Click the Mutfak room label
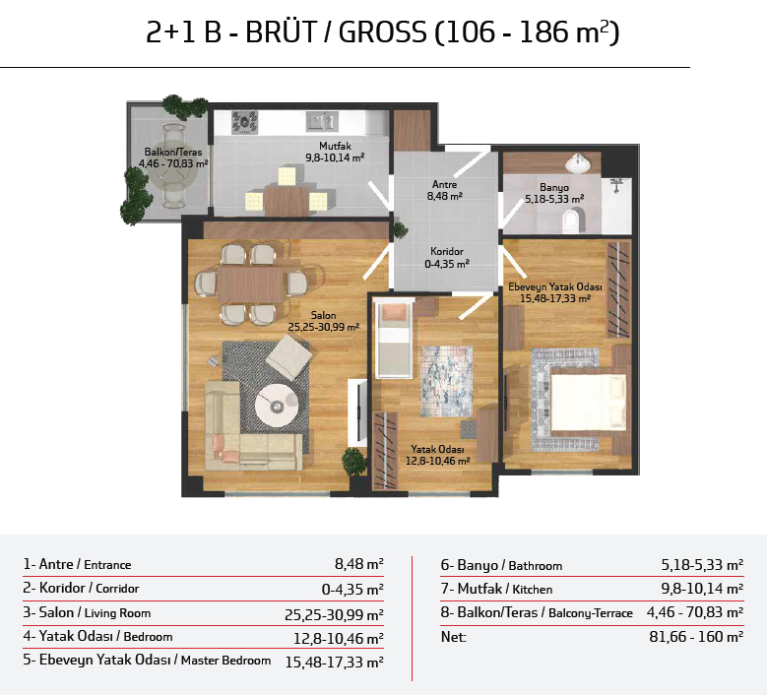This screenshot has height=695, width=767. pyautogui.click(x=335, y=146)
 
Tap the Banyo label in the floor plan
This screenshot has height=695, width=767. pyautogui.click(x=554, y=187)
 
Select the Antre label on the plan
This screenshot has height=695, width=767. pyautogui.click(x=445, y=184)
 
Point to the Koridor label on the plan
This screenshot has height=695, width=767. pyautogui.click(x=447, y=251)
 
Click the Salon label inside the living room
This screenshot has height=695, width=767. pyautogui.click(x=323, y=315)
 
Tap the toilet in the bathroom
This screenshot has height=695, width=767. pyautogui.click(x=572, y=221)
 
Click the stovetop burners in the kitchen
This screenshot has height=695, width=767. pyautogui.click(x=244, y=122)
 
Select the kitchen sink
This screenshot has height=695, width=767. pyautogui.click(x=322, y=121)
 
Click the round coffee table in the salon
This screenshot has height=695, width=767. pyautogui.click(x=277, y=406)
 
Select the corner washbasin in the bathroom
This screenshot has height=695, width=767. pyautogui.click(x=578, y=163)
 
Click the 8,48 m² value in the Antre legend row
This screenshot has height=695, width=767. pyautogui.click(x=359, y=564)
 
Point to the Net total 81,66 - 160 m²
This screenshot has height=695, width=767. pyautogui.click(x=696, y=636)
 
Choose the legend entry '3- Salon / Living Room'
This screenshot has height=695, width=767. pyautogui.click(x=87, y=612)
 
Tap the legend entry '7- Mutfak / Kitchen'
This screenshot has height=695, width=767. pyautogui.click(x=496, y=589)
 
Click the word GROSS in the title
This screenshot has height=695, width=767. pyautogui.click(x=383, y=32)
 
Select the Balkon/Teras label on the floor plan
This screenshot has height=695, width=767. pyautogui.click(x=173, y=153)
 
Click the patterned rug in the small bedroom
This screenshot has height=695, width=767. pyautogui.click(x=447, y=382)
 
